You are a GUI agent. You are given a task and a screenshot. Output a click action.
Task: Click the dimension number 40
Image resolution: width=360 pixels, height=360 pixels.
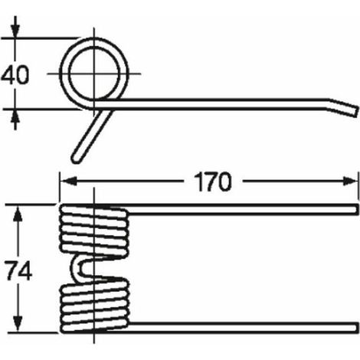click(15, 74)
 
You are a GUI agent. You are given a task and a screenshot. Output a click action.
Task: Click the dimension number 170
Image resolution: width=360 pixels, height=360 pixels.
click(213, 182)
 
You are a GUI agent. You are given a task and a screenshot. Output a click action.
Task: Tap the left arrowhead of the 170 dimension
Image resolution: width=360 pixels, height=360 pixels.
click(68, 181)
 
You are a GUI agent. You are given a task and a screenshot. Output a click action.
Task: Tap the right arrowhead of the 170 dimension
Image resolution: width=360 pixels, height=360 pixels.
click(349, 181)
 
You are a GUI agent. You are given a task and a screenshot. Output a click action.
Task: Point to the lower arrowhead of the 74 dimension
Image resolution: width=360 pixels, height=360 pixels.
click(18, 323)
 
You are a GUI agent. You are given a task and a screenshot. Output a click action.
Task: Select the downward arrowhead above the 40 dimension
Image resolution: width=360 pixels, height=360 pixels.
click(15, 31)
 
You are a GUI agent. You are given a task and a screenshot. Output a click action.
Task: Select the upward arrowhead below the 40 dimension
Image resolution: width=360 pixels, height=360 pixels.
click(15, 116)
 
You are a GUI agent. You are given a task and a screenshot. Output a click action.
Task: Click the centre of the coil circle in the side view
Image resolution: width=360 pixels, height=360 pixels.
click(94, 74)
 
